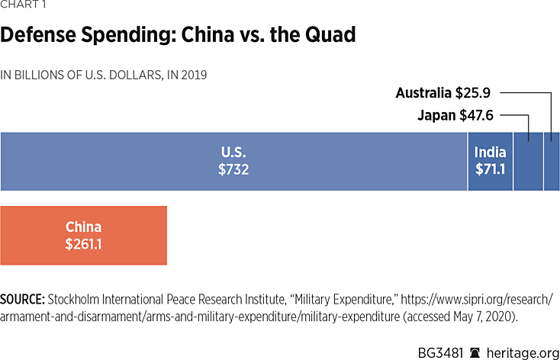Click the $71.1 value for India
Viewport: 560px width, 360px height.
pos(490,169)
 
